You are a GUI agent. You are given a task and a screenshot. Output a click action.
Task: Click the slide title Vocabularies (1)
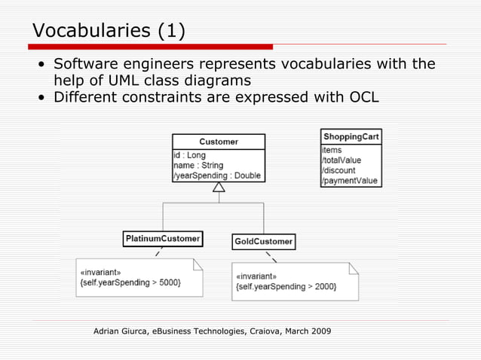pyautogui.click(x=109, y=31)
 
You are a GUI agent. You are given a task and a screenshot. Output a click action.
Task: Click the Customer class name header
pyautogui.click(x=219, y=142)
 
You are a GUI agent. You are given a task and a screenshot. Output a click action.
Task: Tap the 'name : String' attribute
pyautogui.click(x=198, y=165)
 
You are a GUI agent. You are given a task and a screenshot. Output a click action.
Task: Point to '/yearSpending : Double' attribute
pyautogui.click(x=216, y=175)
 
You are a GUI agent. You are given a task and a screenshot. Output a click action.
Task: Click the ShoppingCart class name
pyautogui.click(x=351, y=136)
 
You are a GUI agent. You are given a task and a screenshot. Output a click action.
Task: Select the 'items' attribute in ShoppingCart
pyautogui.click(x=332, y=151)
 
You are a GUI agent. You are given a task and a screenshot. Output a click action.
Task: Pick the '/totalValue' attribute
pyautogui.click(x=342, y=160)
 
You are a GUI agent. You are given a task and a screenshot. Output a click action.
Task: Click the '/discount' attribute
pyautogui.click(x=339, y=170)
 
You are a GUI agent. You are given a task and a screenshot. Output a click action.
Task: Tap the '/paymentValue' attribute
pyautogui.click(x=348, y=181)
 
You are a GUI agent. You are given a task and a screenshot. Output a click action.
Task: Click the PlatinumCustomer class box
pyautogui.click(x=162, y=239)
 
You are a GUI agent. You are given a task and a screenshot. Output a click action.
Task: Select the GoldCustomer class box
pyautogui.click(x=263, y=242)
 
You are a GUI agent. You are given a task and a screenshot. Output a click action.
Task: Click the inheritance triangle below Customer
pyautogui.click(x=219, y=187)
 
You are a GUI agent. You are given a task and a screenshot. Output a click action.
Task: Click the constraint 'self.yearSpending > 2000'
pyautogui.click(x=286, y=286)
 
